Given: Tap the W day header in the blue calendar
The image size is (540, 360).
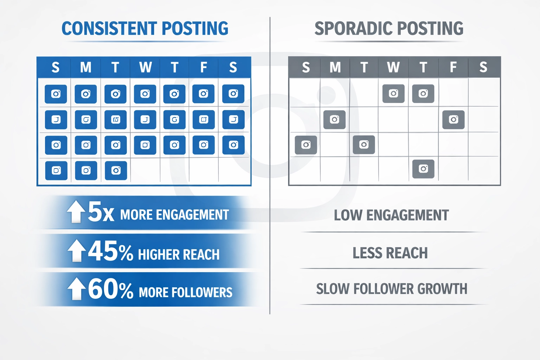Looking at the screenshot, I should [145, 67].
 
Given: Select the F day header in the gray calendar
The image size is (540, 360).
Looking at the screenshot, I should [453, 67].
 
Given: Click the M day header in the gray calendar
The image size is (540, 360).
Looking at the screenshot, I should [335, 67].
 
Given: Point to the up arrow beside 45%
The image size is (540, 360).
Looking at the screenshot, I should [76, 251].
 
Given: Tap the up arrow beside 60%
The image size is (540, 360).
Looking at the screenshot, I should [76, 289].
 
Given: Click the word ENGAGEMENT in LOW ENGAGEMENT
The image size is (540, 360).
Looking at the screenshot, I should [407, 215].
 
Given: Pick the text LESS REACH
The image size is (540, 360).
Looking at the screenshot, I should [390, 253].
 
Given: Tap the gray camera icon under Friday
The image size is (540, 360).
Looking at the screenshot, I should [453, 120].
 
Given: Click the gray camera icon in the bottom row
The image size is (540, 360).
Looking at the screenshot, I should [423, 169].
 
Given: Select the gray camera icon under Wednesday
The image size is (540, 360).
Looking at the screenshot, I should [393, 94].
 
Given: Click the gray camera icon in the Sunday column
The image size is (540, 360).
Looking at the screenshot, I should [306, 145].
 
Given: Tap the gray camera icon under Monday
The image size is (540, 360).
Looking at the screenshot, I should [334, 120].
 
